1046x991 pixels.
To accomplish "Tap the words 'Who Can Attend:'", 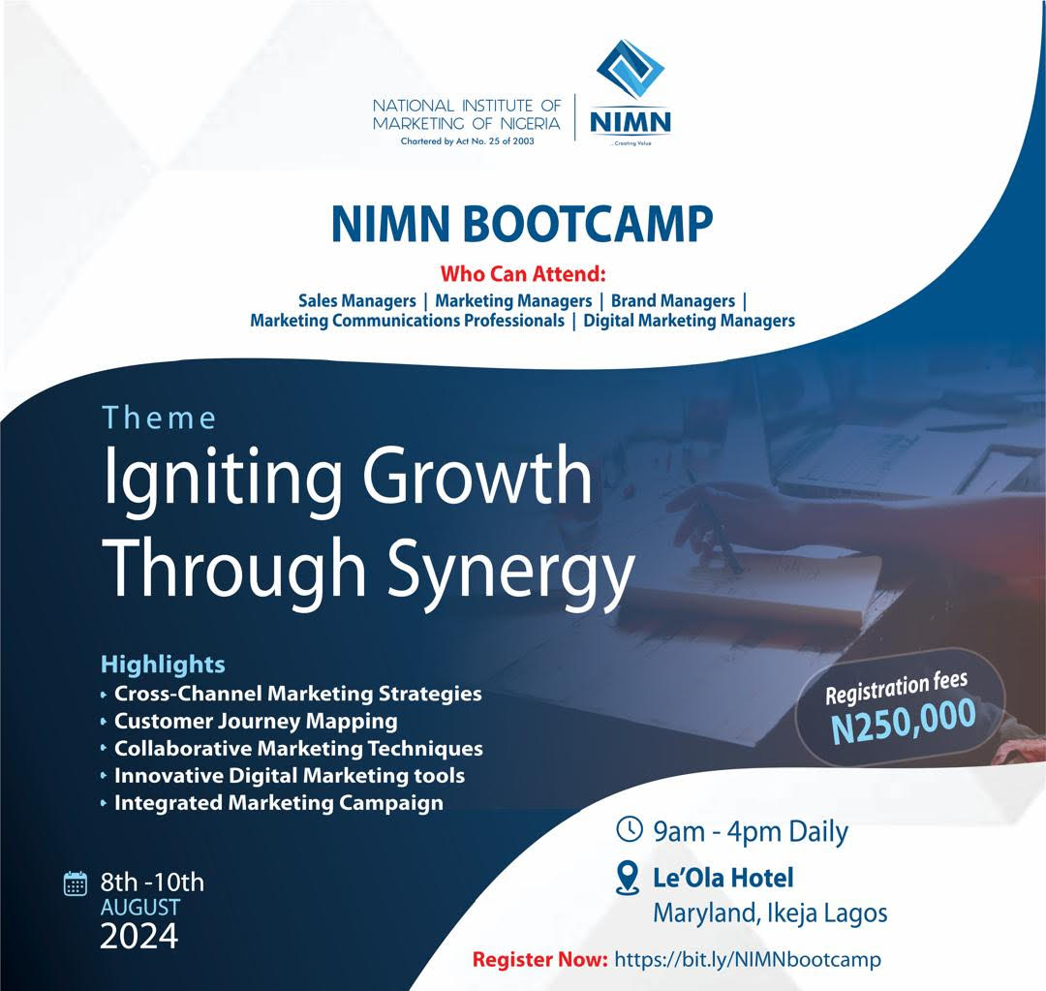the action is [523, 273].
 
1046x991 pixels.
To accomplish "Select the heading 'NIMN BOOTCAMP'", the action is [522, 224].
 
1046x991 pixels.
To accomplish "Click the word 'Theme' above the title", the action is [159, 418].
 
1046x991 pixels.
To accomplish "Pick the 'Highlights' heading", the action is [163, 664].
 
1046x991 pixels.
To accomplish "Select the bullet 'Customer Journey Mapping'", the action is [256, 722].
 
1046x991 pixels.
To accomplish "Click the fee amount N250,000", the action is [904, 721].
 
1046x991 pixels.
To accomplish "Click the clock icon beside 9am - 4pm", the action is [629, 829].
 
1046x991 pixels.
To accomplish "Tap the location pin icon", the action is [627, 878].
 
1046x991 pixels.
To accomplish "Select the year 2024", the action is [138, 937].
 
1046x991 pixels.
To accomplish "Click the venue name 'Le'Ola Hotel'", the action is [723, 878].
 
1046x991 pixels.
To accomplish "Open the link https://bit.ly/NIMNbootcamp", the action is [747, 960].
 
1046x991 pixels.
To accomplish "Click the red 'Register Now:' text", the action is [540, 960].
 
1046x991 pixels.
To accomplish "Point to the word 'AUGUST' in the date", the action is [140, 908].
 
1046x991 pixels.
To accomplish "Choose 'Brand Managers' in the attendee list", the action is [672, 301].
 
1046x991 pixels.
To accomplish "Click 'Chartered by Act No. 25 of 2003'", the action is [467, 140].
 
